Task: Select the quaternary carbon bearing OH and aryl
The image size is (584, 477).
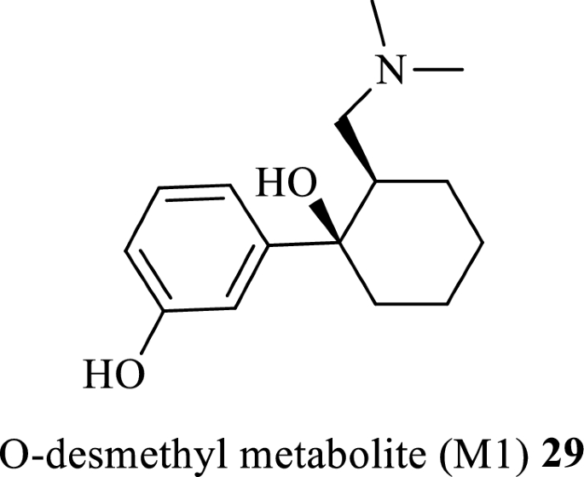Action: tap(337, 244)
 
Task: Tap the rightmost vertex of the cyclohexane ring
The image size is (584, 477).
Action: tap(485, 243)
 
